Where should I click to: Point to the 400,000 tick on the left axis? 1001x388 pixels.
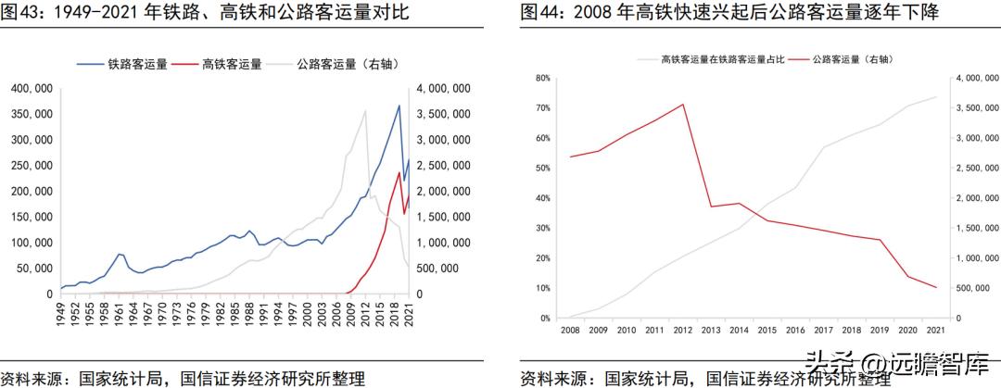point(31,89)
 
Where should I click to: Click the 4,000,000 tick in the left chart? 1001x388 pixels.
point(447,89)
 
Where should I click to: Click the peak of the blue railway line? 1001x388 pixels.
point(399,106)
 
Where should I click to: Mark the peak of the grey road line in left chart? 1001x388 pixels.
point(364,111)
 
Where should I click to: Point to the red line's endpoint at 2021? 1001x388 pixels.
point(935,288)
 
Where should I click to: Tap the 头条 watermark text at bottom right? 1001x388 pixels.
point(830,361)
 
